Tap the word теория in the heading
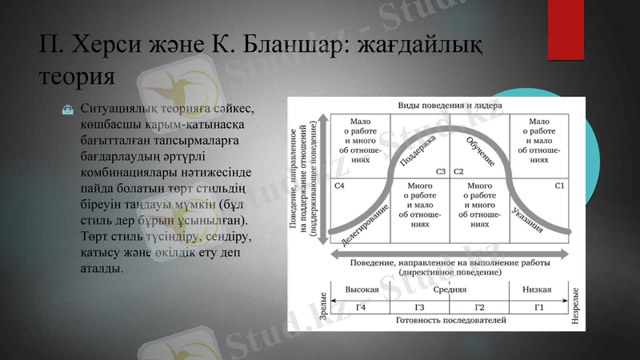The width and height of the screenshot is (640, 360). (x=77, y=77)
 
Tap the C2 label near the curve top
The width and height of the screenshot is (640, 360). (x=459, y=171)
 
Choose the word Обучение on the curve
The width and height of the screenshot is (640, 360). (x=480, y=150)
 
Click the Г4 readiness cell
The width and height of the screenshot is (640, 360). (x=361, y=307)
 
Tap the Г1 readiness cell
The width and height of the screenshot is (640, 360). (x=538, y=307)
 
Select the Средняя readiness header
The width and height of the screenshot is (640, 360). (x=449, y=290)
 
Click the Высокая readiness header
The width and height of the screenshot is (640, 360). (x=361, y=290)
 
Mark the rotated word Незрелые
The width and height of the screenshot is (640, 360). (x=576, y=307)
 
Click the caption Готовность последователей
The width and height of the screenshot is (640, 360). (x=450, y=321)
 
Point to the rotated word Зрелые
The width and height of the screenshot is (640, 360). (x=323, y=307)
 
